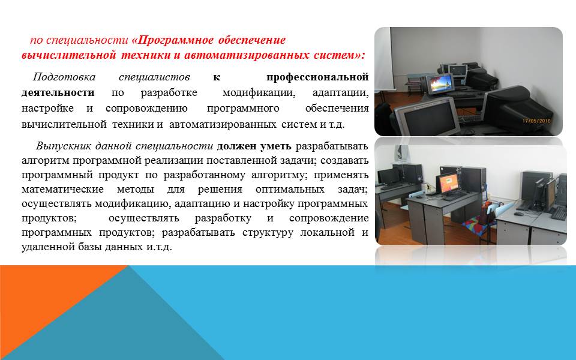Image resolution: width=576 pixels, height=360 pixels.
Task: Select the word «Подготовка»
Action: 64,77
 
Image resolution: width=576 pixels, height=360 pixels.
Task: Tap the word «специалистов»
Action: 154,77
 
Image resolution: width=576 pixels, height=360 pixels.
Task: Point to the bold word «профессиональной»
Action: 317,77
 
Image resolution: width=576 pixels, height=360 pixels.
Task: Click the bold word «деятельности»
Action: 58,92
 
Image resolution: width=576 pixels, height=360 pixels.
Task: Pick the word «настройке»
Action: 47,109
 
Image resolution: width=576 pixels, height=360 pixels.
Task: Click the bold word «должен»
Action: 236,146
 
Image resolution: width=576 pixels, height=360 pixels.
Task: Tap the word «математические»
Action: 62,189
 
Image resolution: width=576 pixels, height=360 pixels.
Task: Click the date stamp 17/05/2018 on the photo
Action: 536,121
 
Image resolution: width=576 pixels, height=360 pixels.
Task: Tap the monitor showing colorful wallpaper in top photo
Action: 440,84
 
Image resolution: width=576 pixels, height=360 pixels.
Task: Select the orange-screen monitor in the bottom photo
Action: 448,183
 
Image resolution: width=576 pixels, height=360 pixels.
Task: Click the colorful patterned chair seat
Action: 478,223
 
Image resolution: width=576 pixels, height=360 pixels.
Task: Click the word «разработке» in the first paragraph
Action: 169,92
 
